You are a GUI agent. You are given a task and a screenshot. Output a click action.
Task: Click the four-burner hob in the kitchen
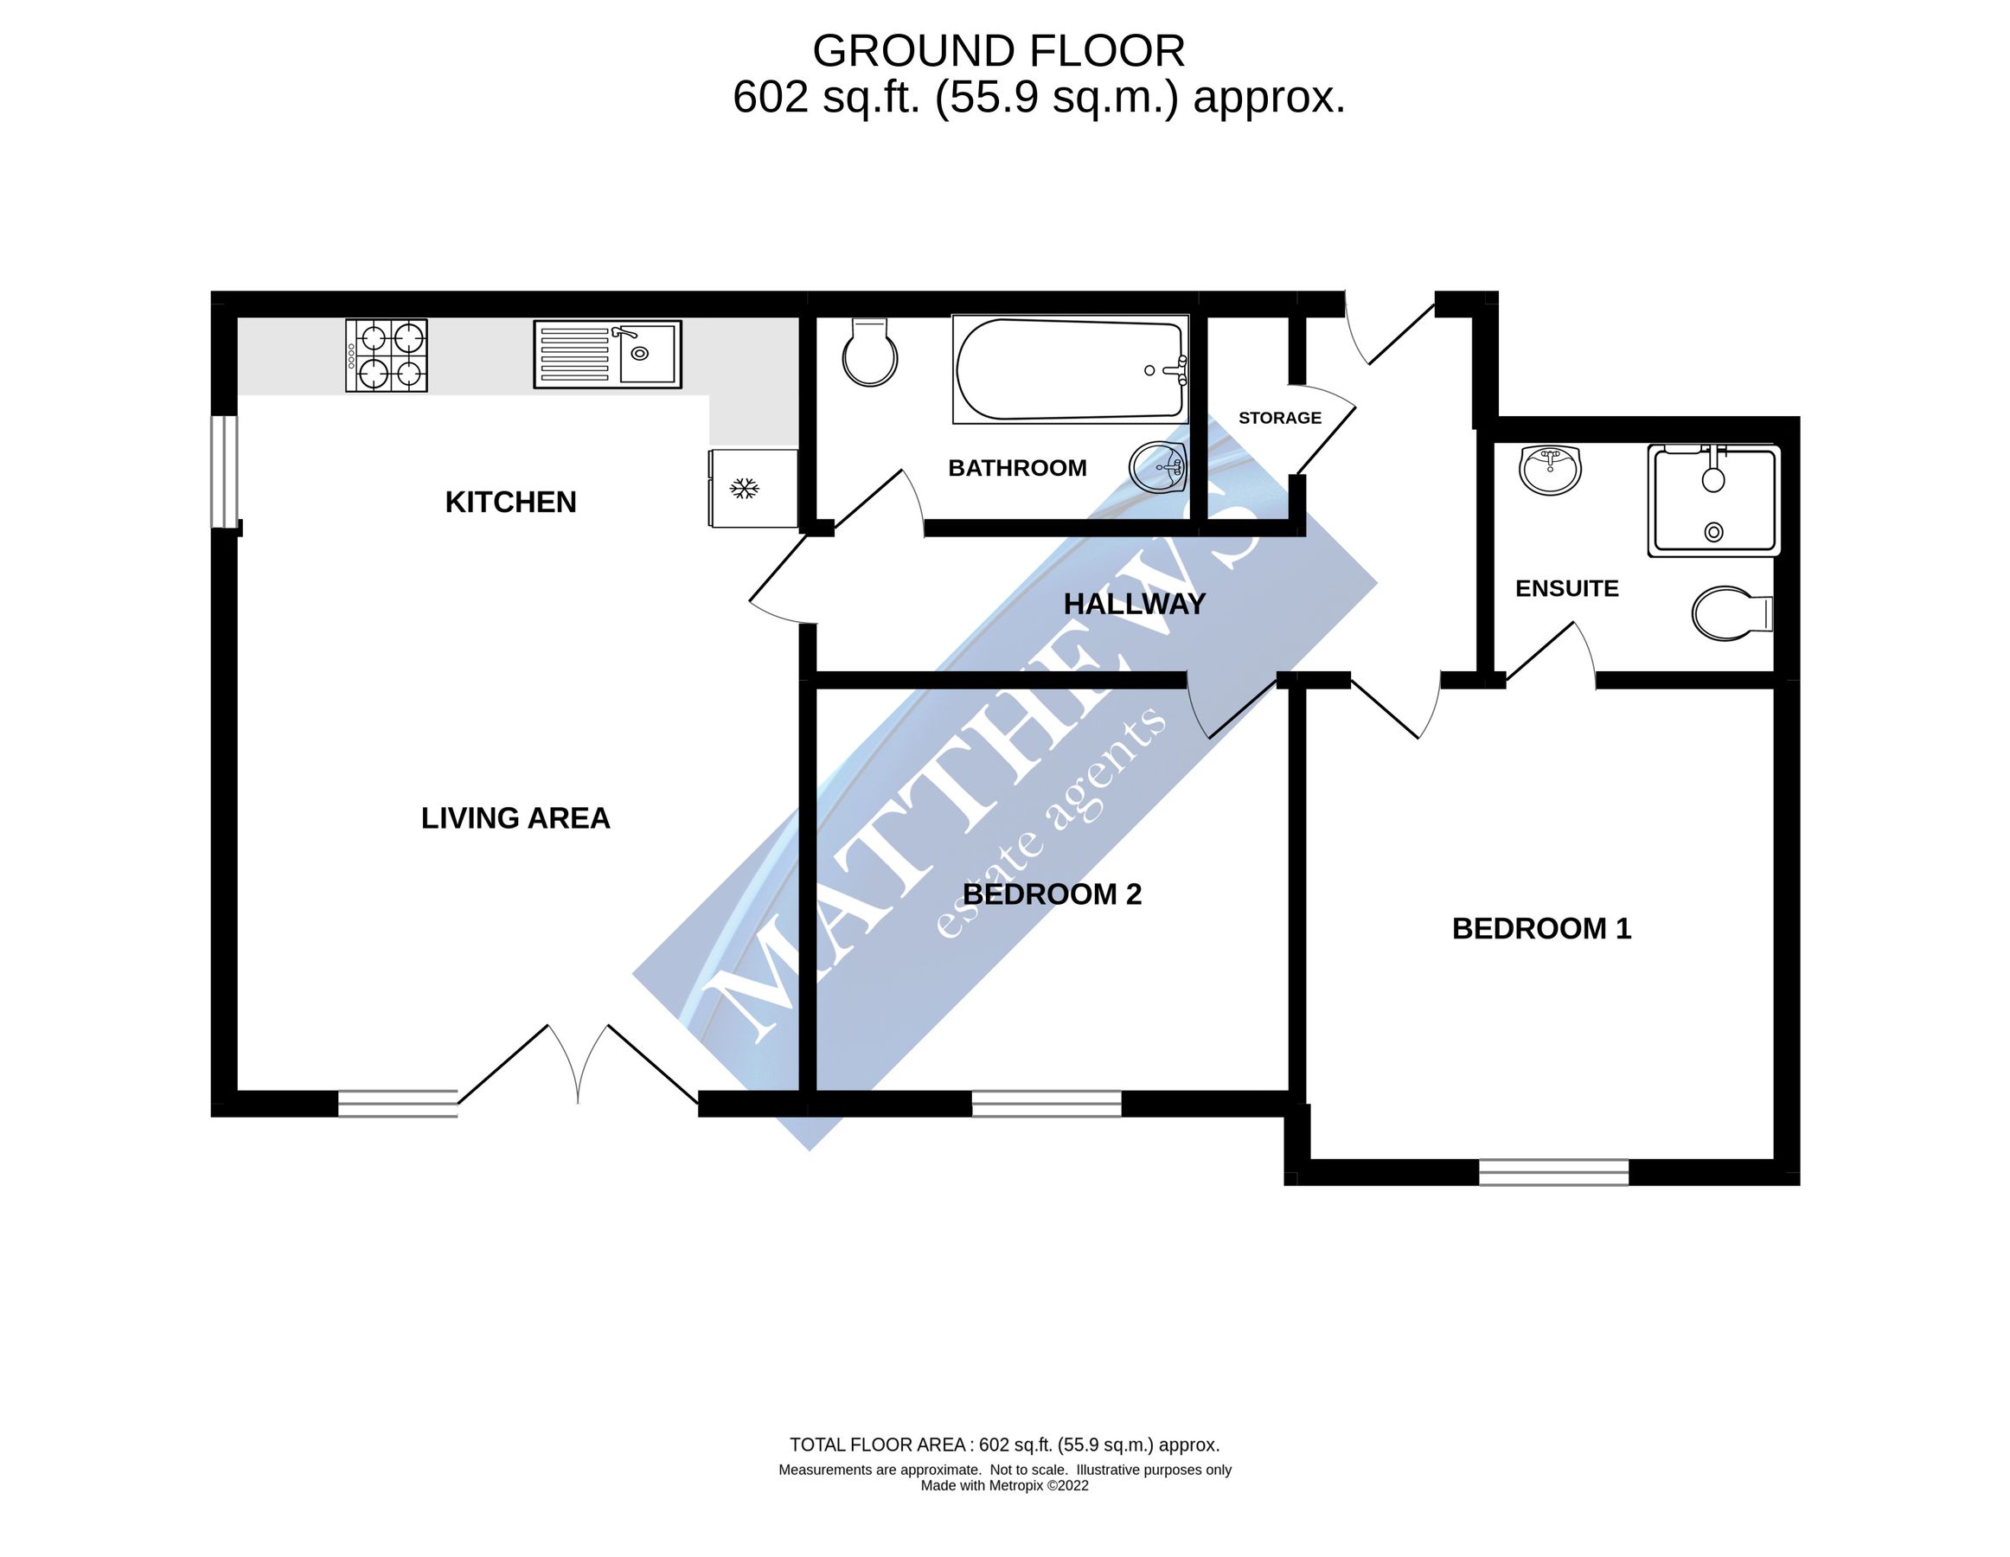(387, 356)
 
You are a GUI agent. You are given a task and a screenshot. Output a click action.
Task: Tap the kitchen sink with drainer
(607, 355)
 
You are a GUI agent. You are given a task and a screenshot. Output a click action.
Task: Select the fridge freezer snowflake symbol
(744, 488)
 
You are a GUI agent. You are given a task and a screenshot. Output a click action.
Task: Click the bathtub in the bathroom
(1069, 370)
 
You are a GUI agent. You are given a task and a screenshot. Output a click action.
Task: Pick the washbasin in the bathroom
(1158, 467)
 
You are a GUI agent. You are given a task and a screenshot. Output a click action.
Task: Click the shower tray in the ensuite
(1713, 501)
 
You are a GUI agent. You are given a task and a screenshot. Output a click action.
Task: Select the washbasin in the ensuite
(1551, 470)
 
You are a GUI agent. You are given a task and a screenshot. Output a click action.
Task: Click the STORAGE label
(1279, 418)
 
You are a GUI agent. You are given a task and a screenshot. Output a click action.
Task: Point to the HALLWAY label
(1134, 604)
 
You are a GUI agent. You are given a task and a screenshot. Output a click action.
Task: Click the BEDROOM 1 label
(1541, 928)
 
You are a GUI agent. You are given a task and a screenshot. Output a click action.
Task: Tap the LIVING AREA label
(515, 818)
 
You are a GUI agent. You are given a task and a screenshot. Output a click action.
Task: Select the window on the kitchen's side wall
(225, 472)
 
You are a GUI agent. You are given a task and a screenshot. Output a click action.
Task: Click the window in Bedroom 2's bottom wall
(1047, 1104)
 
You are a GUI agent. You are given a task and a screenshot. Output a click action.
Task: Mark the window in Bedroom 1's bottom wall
(1553, 1172)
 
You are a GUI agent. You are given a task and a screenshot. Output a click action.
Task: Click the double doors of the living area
(578, 1067)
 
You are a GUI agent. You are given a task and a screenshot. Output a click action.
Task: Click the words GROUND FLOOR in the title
(999, 52)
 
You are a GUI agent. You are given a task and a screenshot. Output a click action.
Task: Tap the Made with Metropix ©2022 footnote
(1004, 1485)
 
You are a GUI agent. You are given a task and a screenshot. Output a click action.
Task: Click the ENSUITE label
(1566, 589)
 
